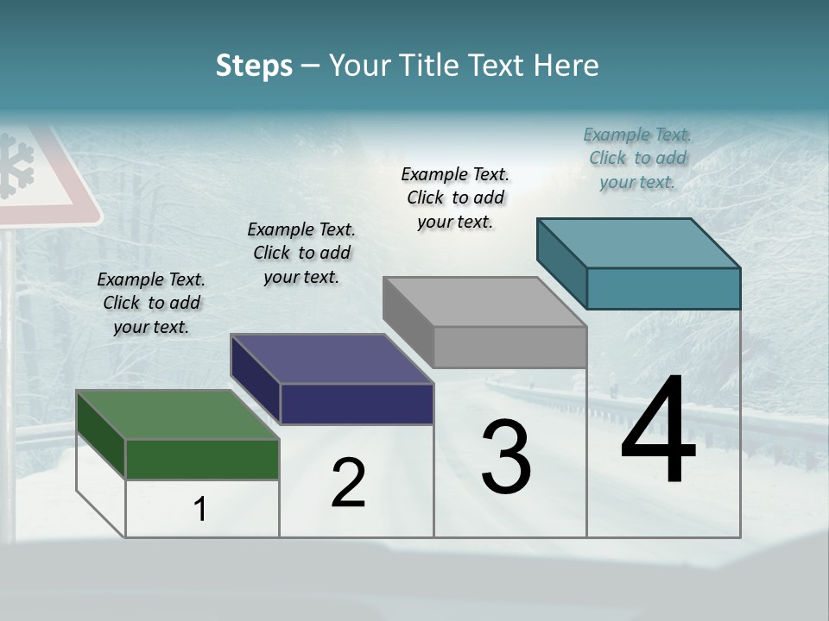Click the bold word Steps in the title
(x=254, y=66)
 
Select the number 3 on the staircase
(x=506, y=457)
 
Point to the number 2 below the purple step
(x=348, y=483)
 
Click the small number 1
(x=200, y=510)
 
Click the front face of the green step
(x=202, y=459)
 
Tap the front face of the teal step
(x=663, y=288)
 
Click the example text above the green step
(x=151, y=303)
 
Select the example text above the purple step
(x=301, y=253)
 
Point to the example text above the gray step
(x=455, y=198)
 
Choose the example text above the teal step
(x=637, y=158)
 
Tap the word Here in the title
(x=566, y=66)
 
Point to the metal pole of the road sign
(x=9, y=345)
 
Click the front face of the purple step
(x=357, y=404)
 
